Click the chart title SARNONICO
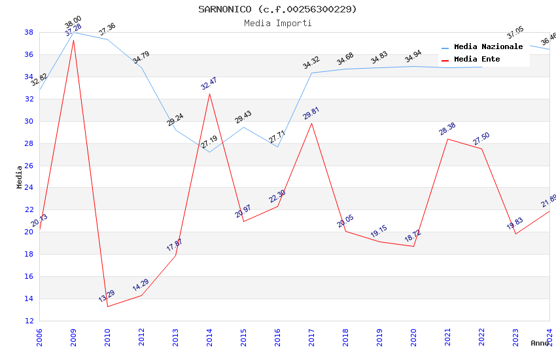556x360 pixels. pyautogui.click(x=278, y=9)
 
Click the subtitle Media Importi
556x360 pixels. pyautogui.click(x=278, y=23)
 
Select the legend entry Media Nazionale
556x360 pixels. pyautogui.click(x=488, y=46)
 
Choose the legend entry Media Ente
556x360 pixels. pyautogui.click(x=477, y=59)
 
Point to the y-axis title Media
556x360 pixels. pyautogui.click(x=20, y=177)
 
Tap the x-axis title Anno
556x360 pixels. pyautogui.click(x=540, y=343)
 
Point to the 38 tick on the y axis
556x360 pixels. pyautogui.click(x=29, y=32)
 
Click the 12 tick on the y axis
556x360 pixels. pyautogui.click(x=29, y=321)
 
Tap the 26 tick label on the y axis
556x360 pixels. pyautogui.click(x=29, y=166)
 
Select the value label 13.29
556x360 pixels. pyautogui.click(x=107, y=296)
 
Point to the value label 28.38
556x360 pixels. pyautogui.click(x=447, y=129)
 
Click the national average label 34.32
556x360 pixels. pyautogui.click(x=311, y=63)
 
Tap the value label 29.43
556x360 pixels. pyautogui.click(x=243, y=117)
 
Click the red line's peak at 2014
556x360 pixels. pyautogui.click(x=209, y=94)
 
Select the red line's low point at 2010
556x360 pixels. pyautogui.click(x=107, y=306)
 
